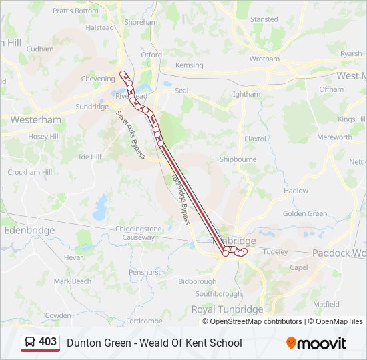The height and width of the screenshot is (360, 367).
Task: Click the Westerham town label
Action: [35, 120]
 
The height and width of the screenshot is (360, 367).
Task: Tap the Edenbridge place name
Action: [29, 230]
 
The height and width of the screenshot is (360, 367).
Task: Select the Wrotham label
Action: [264, 59]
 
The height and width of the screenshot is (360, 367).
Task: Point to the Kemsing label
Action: [189, 65]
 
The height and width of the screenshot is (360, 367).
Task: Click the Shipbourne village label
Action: [238, 159]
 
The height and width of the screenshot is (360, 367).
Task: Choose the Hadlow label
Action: [296, 191]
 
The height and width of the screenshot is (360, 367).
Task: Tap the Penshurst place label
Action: [145, 272]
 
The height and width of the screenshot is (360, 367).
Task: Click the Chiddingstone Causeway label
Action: [139, 233]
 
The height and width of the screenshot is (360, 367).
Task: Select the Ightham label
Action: [247, 95]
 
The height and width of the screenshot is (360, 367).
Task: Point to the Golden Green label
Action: [305, 214]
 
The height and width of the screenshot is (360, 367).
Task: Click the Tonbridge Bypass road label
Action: [181, 199]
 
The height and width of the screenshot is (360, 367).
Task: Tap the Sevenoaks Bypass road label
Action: [129, 134]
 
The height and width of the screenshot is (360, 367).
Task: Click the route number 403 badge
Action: [48, 342]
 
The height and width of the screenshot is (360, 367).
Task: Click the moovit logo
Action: [316, 343]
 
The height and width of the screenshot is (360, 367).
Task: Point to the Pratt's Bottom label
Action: [75, 11]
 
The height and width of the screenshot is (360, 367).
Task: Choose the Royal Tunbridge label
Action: [227, 310]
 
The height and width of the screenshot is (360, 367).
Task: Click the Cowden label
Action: [58, 315]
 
